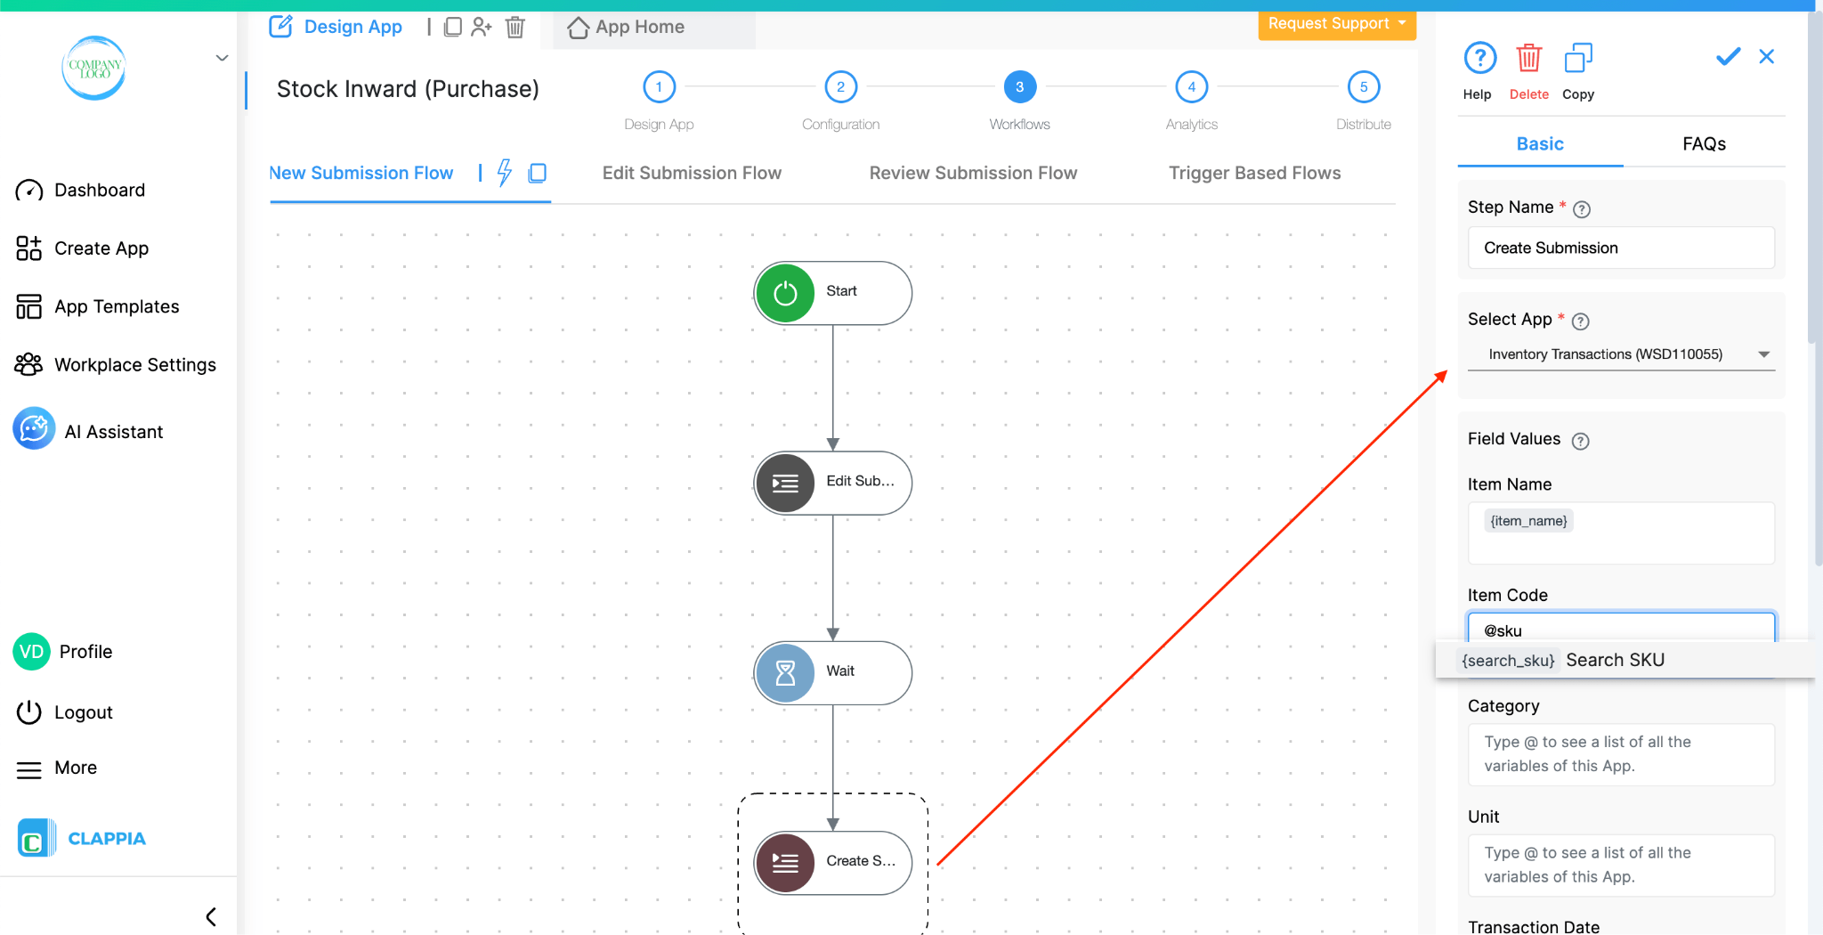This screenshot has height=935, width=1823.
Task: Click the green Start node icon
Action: (785, 293)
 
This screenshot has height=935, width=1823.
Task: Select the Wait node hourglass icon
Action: (785, 673)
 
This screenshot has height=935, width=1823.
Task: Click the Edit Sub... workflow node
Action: (833, 483)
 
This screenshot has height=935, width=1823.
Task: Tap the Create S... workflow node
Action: (833, 862)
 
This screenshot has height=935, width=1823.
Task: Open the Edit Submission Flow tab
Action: (692, 173)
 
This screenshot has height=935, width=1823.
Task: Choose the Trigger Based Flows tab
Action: (1254, 173)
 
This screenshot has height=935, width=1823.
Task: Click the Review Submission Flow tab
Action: (973, 173)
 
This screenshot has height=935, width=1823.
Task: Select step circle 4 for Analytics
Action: (1191, 87)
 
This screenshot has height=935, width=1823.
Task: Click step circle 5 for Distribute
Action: (1363, 87)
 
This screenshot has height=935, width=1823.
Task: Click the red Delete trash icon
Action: (1528, 59)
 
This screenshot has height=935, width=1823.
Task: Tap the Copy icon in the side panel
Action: (1578, 59)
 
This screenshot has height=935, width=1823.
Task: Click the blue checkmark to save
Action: (1728, 57)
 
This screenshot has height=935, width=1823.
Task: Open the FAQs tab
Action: (1704, 144)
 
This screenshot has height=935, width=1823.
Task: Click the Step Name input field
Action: (1620, 248)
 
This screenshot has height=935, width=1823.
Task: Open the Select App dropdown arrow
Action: (1763, 354)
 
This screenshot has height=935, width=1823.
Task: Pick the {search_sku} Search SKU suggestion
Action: (1563, 660)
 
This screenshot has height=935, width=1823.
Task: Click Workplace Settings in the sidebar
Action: (134, 365)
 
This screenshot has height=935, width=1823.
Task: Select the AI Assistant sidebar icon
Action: (34, 429)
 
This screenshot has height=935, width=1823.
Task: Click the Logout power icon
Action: (29, 712)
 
